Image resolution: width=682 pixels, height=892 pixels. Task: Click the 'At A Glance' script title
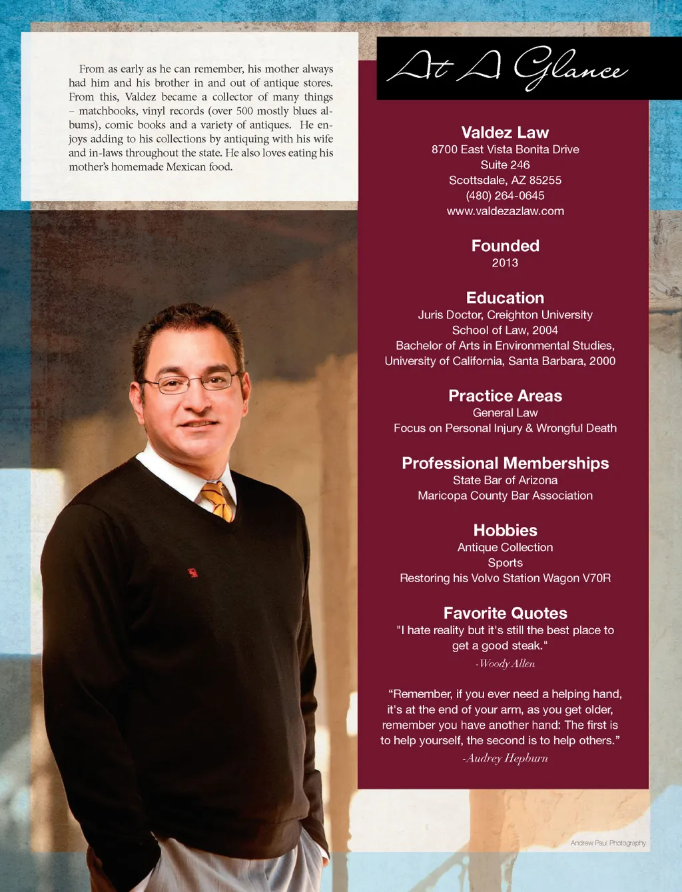pyautogui.click(x=506, y=68)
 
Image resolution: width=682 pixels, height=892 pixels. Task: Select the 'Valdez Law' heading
pyautogui.click(x=505, y=133)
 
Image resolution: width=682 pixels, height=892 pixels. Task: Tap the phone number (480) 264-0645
pyautogui.click(x=505, y=196)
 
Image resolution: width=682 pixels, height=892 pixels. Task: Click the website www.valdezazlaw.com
pyautogui.click(x=505, y=211)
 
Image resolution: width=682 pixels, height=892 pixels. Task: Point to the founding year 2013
pyautogui.click(x=505, y=263)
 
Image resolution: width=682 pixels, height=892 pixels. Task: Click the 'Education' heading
pyautogui.click(x=505, y=298)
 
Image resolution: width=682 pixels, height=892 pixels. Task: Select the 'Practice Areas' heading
pyautogui.click(x=505, y=396)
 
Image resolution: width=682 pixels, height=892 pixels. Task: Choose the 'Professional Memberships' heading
pyautogui.click(x=505, y=463)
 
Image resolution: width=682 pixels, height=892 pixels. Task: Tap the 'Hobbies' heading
pyautogui.click(x=505, y=530)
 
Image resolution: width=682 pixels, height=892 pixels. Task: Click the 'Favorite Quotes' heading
pyautogui.click(x=505, y=613)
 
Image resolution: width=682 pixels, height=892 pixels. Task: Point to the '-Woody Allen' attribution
pyautogui.click(x=505, y=664)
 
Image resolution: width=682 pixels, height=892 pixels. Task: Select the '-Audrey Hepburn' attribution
pyautogui.click(x=505, y=758)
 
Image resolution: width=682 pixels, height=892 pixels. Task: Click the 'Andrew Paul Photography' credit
pyautogui.click(x=607, y=843)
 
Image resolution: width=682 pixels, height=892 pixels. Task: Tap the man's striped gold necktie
pyautogui.click(x=218, y=501)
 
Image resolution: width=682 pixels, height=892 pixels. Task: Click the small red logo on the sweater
pyautogui.click(x=193, y=572)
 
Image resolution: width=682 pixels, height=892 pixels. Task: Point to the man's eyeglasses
pyautogui.click(x=189, y=382)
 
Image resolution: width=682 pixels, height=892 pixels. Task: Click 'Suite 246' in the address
pyautogui.click(x=505, y=165)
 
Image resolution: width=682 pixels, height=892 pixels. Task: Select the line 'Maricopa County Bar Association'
pyautogui.click(x=505, y=496)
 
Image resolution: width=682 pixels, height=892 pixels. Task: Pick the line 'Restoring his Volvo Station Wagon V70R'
pyautogui.click(x=505, y=578)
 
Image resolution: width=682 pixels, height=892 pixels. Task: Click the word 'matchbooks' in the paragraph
pyautogui.click(x=107, y=111)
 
